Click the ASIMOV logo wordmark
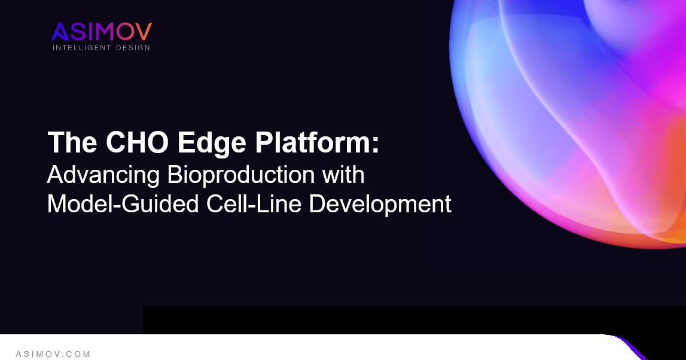102,32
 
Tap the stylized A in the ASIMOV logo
60,32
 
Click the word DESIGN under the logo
133,47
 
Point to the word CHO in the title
123,144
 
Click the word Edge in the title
193,144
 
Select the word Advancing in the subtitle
103,175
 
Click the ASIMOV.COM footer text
53,354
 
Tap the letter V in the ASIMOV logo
144,32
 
